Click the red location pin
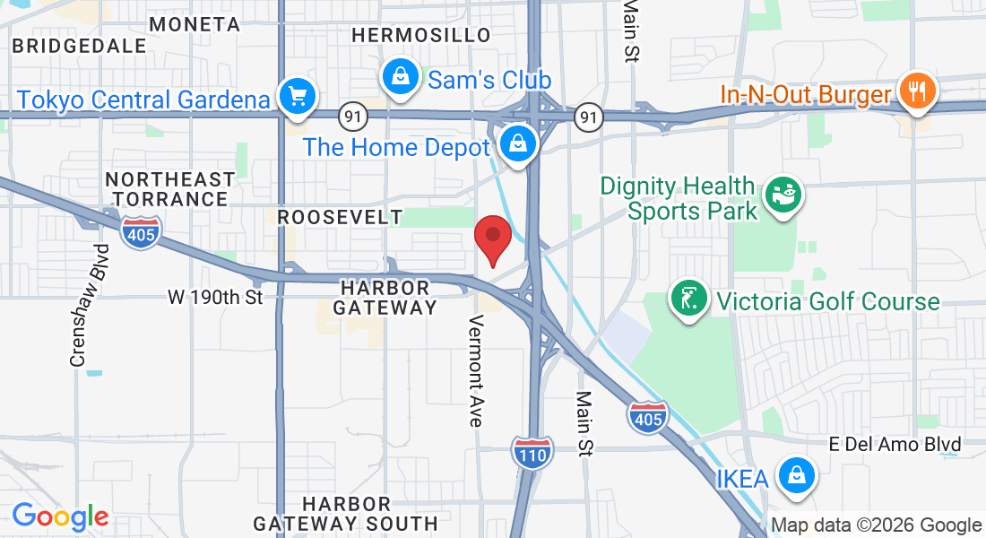click(x=492, y=237)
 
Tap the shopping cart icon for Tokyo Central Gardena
click(x=297, y=96)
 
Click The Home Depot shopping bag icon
click(x=518, y=143)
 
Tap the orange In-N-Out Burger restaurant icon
click(x=916, y=91)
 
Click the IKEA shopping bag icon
click(x=796, y=476)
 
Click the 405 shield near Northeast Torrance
click(x=143, y=233)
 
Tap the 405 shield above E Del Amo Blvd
click(x=647, y=417)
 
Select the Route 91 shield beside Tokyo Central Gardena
click(x=350, y=116)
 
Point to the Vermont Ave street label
click(x=475, y=369)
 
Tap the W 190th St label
click(x=217, y=297)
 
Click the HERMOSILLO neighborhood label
click(x=421, y=35)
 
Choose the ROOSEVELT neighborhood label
click(x=340, y=217)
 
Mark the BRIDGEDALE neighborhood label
click(x=80, y=45)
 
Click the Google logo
click(x=60, y=516)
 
